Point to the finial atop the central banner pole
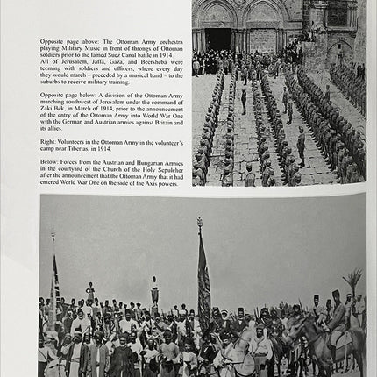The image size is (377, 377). coord(199,222)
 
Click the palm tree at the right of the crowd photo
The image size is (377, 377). coord(353,285)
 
